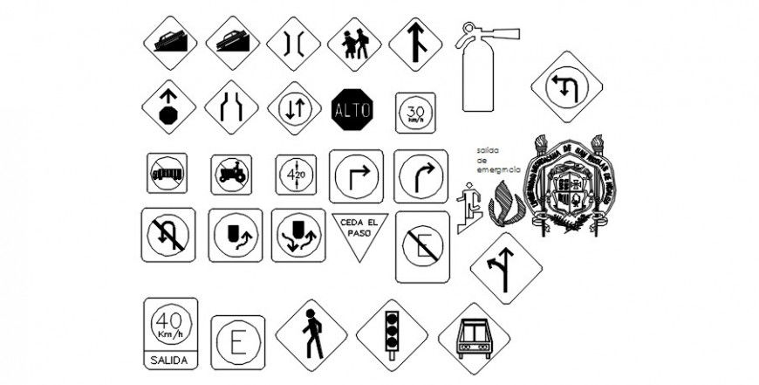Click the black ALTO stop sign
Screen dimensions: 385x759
tap(352, 109)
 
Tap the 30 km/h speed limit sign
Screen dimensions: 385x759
tap(414, 113)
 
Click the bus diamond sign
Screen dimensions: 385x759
tap(474, 338)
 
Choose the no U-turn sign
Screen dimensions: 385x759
tap(168, 235)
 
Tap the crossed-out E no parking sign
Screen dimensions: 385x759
tap(423, 246)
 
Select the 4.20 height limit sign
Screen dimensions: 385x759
tap(296, 175)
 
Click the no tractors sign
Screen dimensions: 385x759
tap(231, 175)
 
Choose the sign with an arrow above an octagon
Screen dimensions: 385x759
tap(168, 108)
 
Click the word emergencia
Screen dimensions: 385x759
tap(498, 168)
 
